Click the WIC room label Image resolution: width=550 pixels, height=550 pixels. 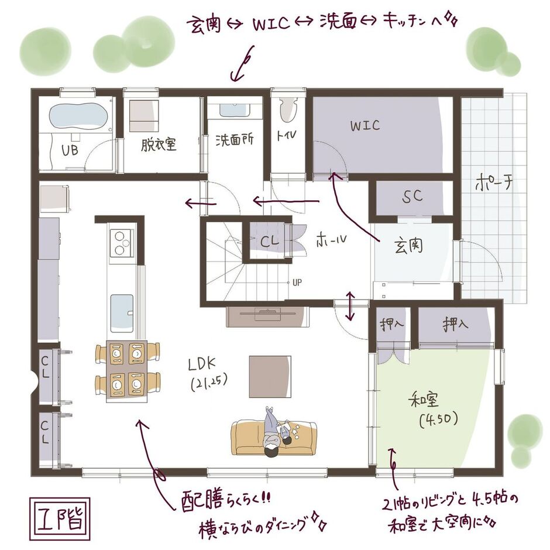click(x=365, y=125)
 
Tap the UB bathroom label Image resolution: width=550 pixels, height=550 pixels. click(x=70, y=150)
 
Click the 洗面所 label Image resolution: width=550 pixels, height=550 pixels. click(x=234, y=141)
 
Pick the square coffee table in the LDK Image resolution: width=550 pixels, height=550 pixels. click(x=270, y=375)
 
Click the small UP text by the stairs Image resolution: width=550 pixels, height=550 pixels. click(x=297, y=282)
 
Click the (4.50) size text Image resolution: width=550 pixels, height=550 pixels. click(x=438, y=419)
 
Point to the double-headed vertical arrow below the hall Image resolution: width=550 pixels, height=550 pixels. click(x=350, y=306)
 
